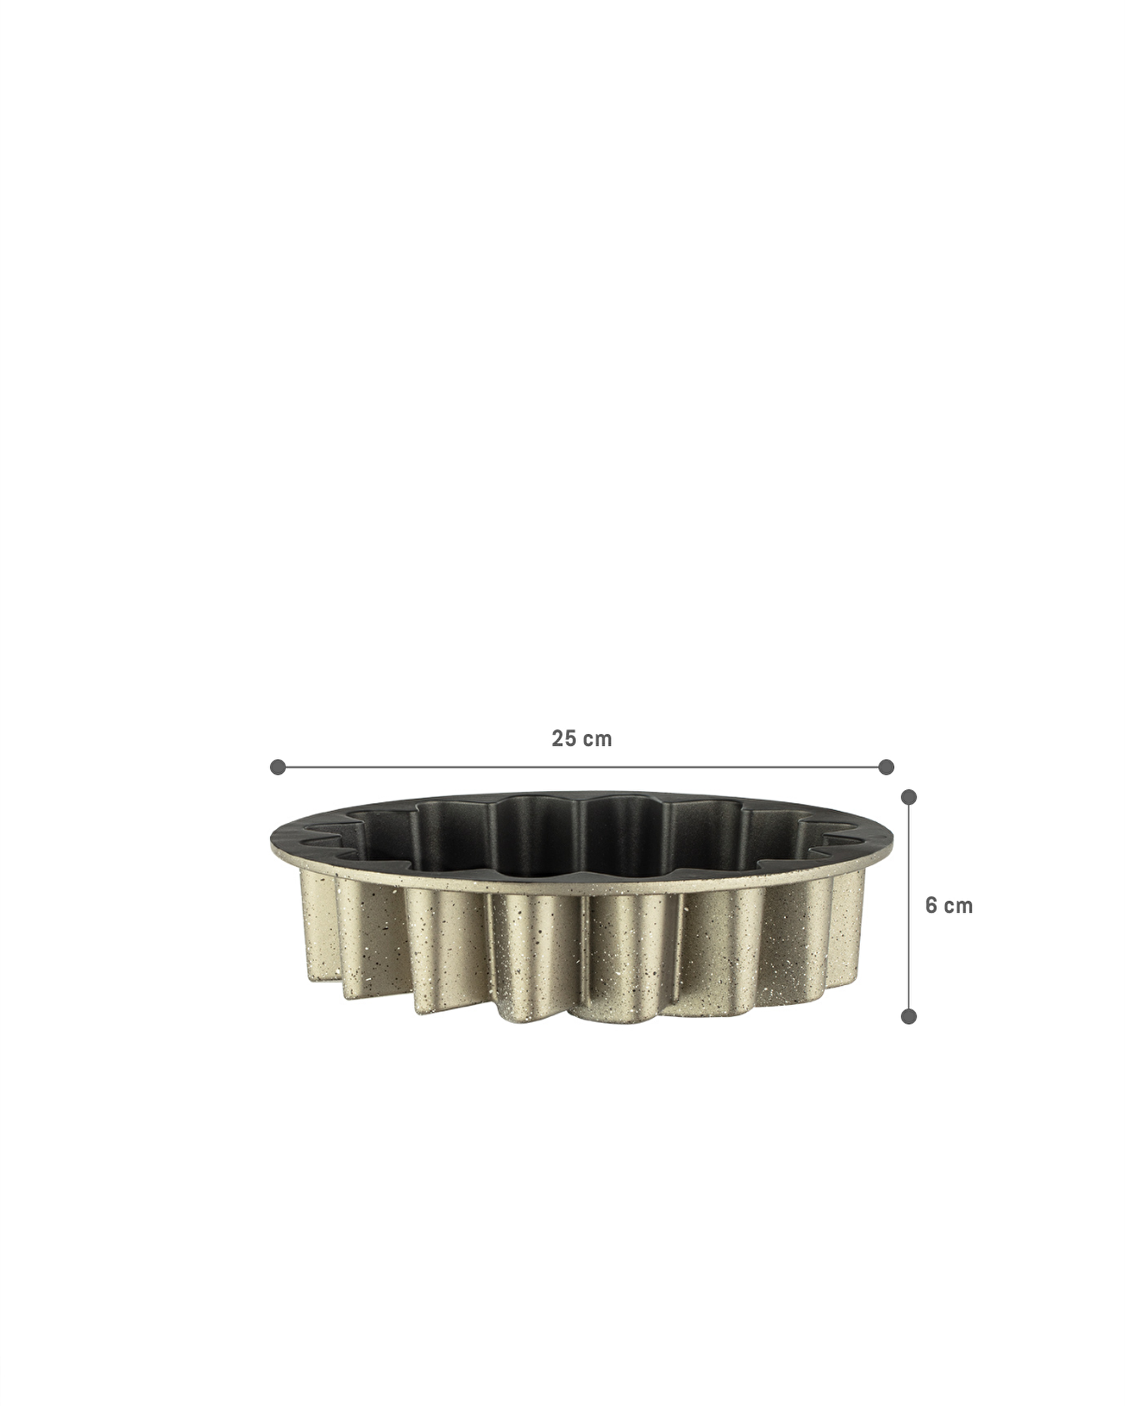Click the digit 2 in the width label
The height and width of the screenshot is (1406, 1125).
coord(558,739)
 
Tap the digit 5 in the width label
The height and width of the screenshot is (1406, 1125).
coord(571,739)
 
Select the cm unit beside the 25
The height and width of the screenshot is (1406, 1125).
coord(598,739)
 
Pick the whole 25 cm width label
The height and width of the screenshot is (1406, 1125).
coord(582,739)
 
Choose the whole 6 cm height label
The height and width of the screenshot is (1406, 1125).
coord(948,906)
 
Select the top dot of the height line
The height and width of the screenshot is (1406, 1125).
coord(909,797)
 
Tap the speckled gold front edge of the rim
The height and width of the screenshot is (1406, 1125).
coord(574,891)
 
